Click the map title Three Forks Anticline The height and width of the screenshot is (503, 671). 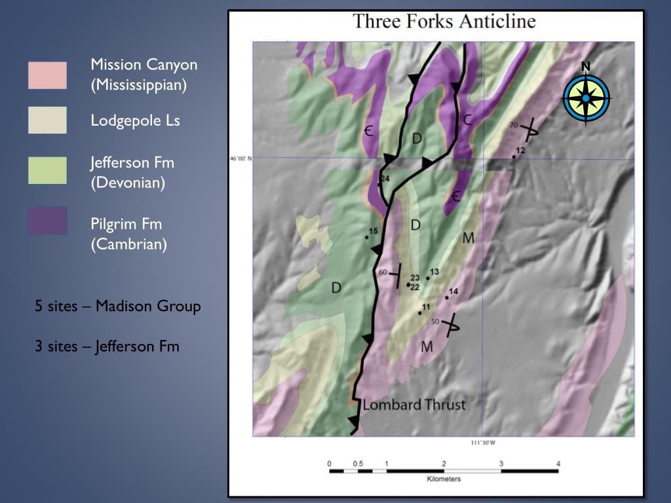pyautogui.click(x=444, y=21)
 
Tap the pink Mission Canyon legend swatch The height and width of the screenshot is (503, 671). pyautogui.click(x=47, y=75)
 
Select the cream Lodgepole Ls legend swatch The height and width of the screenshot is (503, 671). pyautogui.click(x=47, y=121)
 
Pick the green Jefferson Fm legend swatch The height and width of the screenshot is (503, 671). pyautogui.click(x=47, y=170)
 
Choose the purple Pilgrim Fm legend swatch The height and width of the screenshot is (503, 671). pyautogui.click(x=47, y=221)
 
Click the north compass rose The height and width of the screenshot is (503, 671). pyautogui.click(x=586, y=98)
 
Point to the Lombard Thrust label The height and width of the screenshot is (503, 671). pyautogui.click(x=413, y=404)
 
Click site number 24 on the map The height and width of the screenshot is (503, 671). pyautogui.click(x=385, y=179)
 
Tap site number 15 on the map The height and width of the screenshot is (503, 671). pyautogui.click(x=374, y=231)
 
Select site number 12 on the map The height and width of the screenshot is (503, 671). pyautogui.click(x=520, y=151)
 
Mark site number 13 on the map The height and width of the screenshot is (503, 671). pyautogui.click(x=434, y=272)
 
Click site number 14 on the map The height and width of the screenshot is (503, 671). pyautogui.click(x=453, y=292)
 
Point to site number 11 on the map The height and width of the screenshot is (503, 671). pyautogui.click(x=425, y=307)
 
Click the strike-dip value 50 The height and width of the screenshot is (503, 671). pyautogui.click(x=434, y=321)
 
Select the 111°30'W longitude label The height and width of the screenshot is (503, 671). pyautogui.click(x=482, y=443)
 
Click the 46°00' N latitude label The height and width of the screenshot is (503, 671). pyautogui.click(x=240, y=158)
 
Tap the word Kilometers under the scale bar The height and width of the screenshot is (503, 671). pyautogui.click(x=444, y=479)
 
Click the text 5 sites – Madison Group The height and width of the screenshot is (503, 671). pyautogui.click(x=118, y=306)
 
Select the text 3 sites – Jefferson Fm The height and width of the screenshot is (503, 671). pyautogui.click(x=107, y=346)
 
